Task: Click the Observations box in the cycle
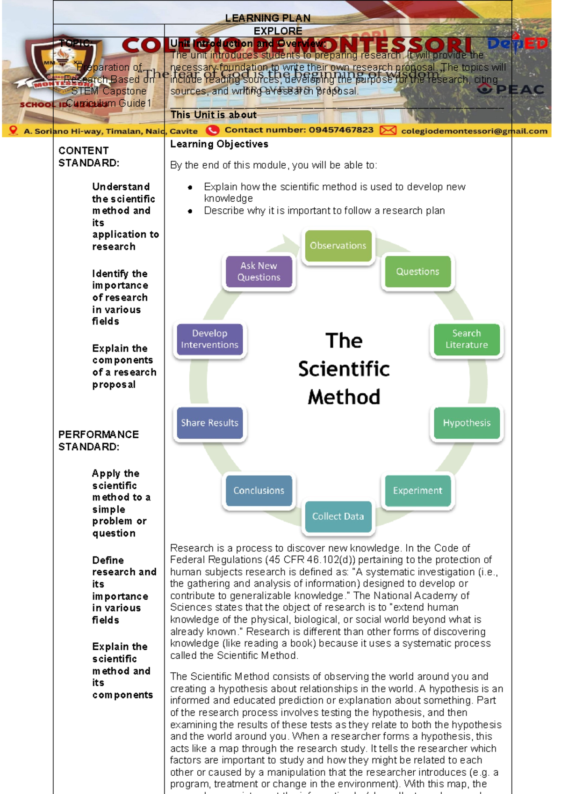(338, 246)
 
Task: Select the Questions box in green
(417, 272)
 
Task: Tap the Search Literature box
(467, 339)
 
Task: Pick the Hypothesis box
(467, 423)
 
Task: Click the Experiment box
(417, 491)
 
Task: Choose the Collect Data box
(338, 516)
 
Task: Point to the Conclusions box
(259, 491)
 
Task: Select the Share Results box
(209, 423)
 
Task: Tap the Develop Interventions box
(209, 339)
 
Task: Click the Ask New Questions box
(259, 272)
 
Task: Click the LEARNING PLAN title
(268, 18)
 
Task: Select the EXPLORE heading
(278, 31)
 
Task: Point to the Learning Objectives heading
(219, 144)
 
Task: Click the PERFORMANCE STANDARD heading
(98, 441)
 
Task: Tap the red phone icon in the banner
(213, 130)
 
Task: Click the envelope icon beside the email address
(388, 130)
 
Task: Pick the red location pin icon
(13, 131)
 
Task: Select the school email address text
(474, 131)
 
